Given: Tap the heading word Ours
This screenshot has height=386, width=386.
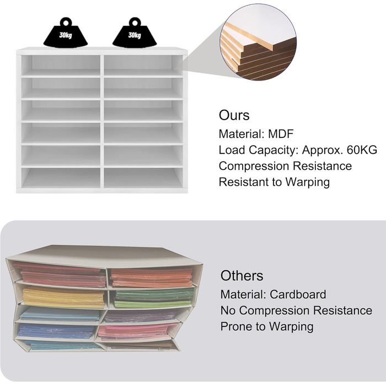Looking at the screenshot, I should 234,115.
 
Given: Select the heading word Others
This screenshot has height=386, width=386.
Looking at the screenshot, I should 242,276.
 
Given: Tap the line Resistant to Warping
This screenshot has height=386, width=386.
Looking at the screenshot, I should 274,182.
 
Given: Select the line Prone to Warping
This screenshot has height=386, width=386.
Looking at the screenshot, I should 267,326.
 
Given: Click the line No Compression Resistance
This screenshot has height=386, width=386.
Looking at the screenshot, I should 296,310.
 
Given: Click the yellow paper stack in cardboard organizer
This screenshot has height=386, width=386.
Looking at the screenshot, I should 63,297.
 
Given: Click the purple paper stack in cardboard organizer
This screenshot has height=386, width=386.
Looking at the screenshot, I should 141,317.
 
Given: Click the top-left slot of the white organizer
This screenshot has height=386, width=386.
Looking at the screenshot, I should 61,64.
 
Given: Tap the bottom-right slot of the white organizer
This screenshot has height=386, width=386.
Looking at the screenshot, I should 143,178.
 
